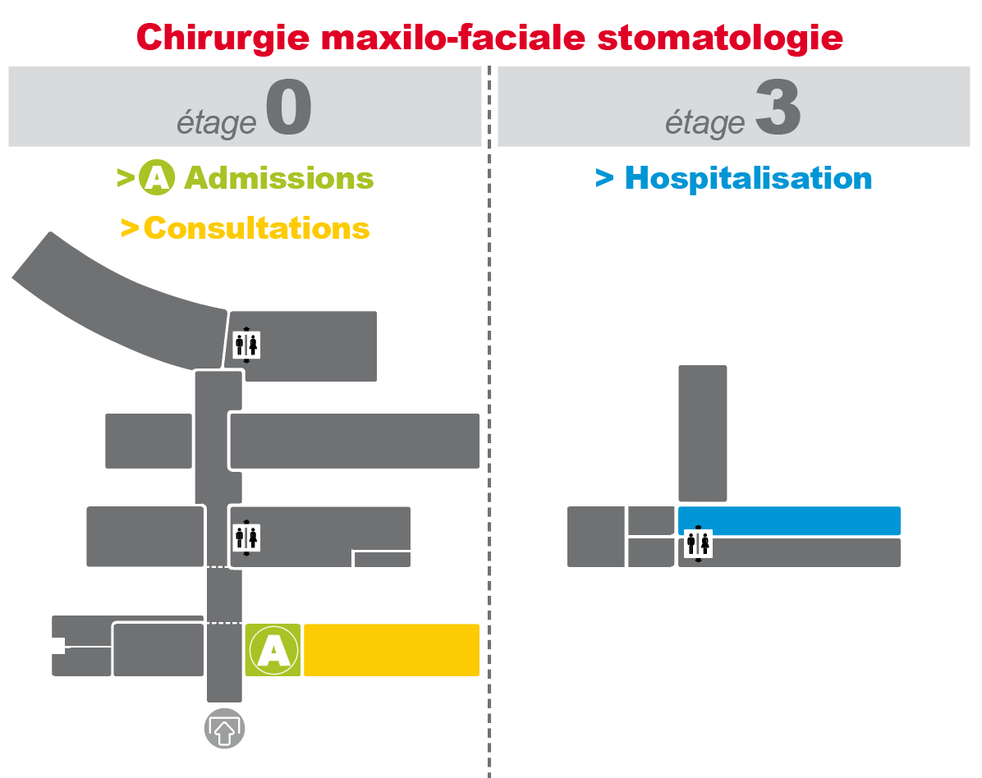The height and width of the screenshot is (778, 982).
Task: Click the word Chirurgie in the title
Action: [x=223, y=39]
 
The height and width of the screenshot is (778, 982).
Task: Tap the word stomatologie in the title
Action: [x=720, y=38]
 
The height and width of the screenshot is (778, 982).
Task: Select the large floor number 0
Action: [x=289, y=108]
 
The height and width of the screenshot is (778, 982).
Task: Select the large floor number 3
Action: [x=778, y=108]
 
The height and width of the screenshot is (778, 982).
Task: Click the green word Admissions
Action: [x=278, y=178]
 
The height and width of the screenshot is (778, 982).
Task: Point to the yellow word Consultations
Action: [x=257, y=228]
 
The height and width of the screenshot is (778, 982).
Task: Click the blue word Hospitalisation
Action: [x=748, y=178]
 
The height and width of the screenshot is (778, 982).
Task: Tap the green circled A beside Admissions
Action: [x=157, y=178]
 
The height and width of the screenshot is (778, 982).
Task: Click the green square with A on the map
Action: [x=273, y=650]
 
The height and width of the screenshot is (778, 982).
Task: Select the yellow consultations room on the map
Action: [x=392, y=650]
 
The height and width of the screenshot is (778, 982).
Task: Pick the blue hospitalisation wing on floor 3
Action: [x=789, y=521]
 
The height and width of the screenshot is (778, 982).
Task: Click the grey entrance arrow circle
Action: [x=224, y=729]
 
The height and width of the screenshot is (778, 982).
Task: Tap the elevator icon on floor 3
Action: [x=698, y=544]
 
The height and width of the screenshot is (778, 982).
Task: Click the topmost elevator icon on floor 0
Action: [x=246, y=345]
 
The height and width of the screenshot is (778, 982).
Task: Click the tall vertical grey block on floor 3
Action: [x=703, y=433]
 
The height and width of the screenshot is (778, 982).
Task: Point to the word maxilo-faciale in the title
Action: [x=453, y=38]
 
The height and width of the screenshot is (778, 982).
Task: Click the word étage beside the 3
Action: [x=705, y=122]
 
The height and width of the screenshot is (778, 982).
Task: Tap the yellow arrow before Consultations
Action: [x=130, y=228]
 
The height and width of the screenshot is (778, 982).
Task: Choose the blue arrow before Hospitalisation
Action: [x=604, y=178]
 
